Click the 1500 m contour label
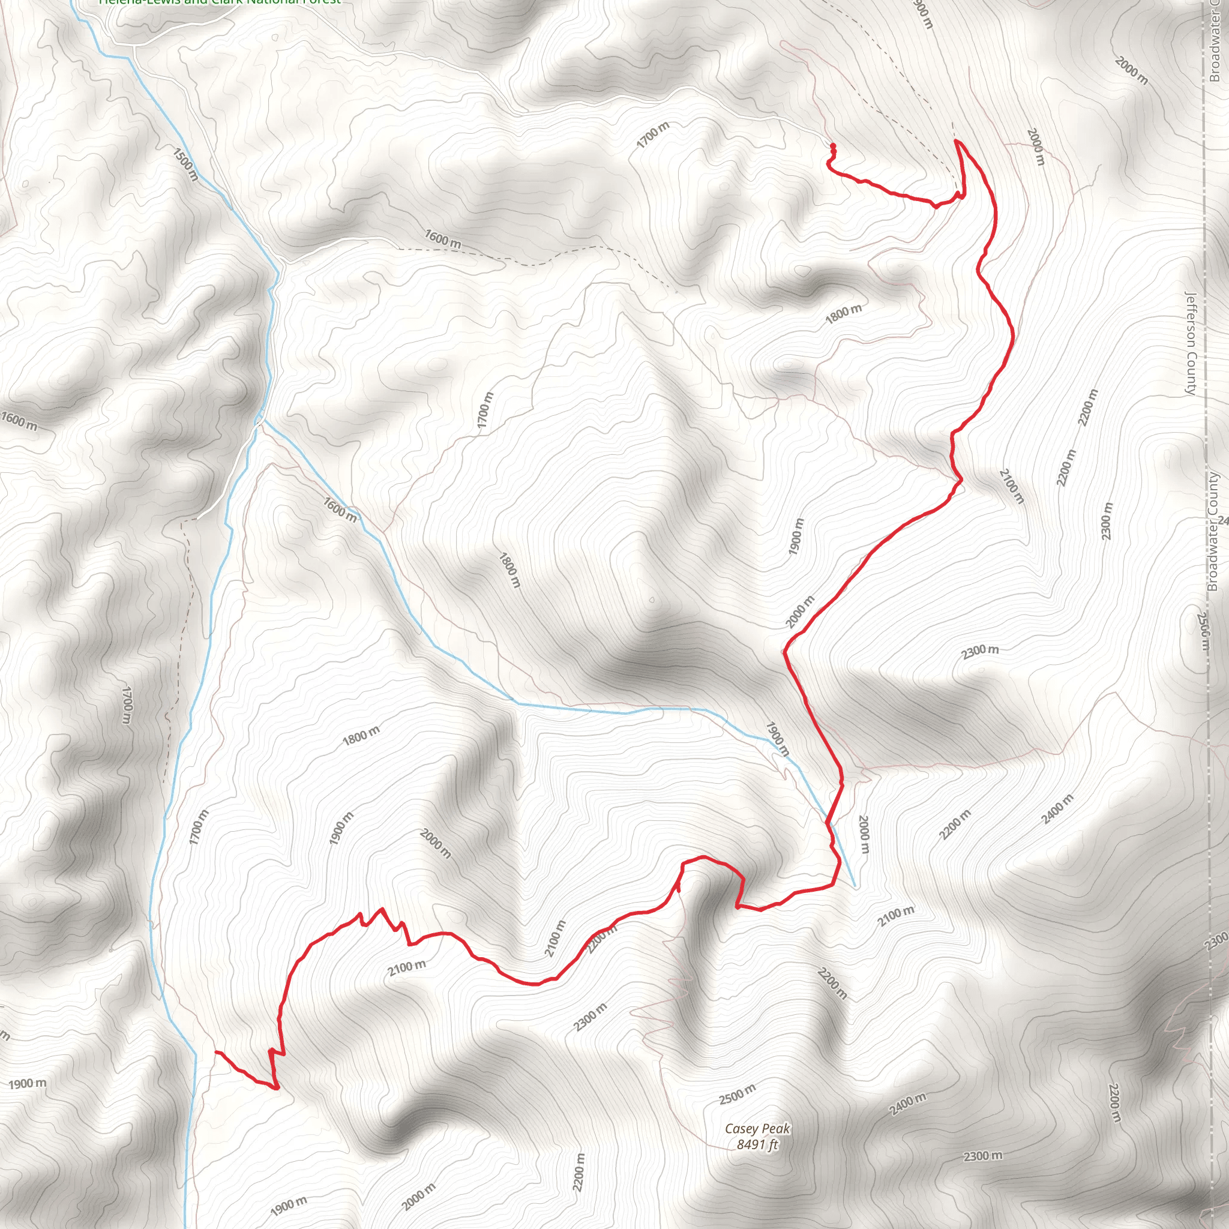(x=185, y=163)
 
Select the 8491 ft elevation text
(x=757, y=1145)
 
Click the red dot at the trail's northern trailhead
(x=833, y=147)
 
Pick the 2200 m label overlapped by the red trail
(x=602, y=940)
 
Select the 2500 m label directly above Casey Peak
(x=738, y=1093)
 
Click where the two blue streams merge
(x=260, y=420)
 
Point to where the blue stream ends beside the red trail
(x=855, y=886)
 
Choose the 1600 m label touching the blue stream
(x=341, y=509)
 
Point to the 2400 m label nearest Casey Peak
(x=908, y=1104)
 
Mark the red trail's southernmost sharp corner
(x=277, y=1088)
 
